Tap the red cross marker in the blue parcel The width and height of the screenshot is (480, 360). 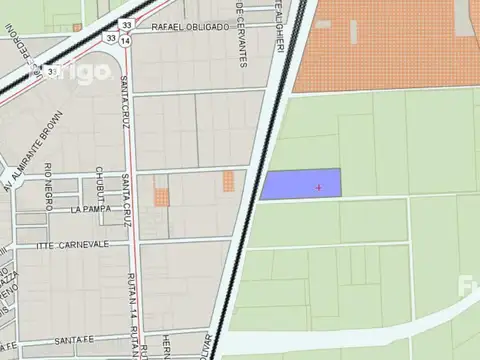[319, 187]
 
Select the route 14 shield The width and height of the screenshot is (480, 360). [125, 41]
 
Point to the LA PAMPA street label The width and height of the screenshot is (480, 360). [91, 210]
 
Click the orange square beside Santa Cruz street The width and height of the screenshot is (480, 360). [161, 195]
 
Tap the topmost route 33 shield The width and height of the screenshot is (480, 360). [125, 24]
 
